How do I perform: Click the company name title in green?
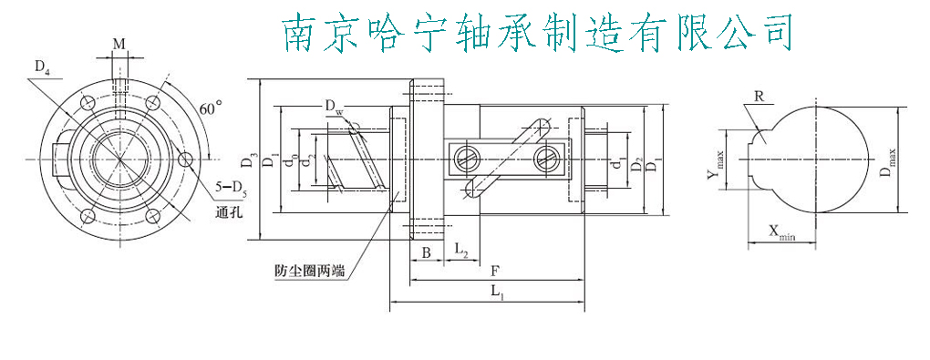tap(536, 33)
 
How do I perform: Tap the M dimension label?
tap(119, 44)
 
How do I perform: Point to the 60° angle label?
tap(211, 108)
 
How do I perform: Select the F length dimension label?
tap(493, 271)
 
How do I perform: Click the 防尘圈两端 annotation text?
tap(309, 271)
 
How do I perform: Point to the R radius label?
tap(758, 96)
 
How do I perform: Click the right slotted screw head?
tap(545, 157)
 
